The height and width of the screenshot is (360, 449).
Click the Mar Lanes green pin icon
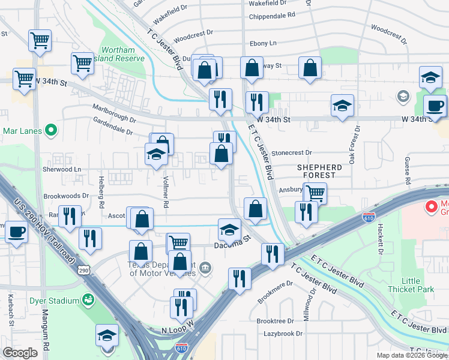[51, 129]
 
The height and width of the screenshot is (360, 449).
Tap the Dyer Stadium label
[55, 300]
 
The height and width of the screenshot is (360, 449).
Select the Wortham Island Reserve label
[122, 54]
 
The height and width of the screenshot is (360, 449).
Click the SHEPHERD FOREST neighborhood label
[318, 172]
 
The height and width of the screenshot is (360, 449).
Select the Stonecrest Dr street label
[292, 154]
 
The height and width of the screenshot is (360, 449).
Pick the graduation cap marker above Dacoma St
[229, 229]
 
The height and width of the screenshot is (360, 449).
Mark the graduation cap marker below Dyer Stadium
[107, 336]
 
